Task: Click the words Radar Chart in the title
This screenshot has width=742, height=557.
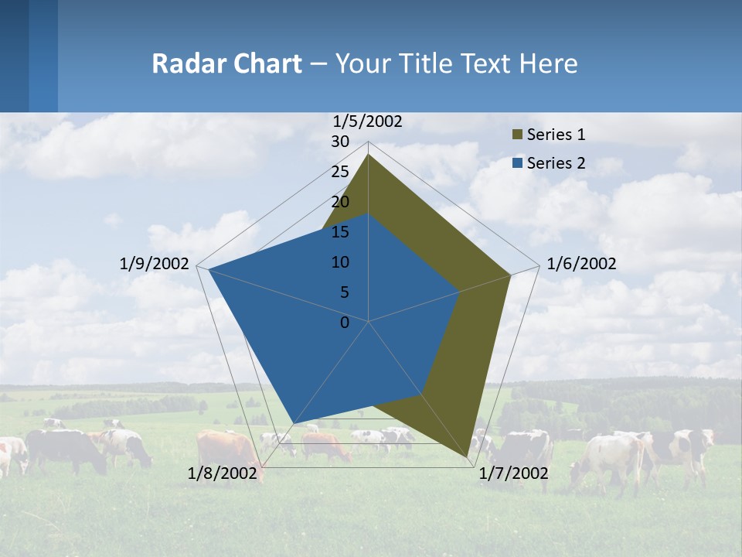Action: pyautogui.click(x=226, y=63)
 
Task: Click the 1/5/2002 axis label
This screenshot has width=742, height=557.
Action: pyautogui.click(x=367, y=121)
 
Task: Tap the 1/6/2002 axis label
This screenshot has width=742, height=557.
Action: pyautogui.click(x=581, y=264)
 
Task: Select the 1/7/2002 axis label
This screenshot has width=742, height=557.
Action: pyautogui.click(x=513, y=473)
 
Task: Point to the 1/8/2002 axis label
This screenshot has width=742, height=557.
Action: pyautogui.click(x=223, y=473)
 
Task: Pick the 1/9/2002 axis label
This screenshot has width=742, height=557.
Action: pyautogui.click(x=154, y=264)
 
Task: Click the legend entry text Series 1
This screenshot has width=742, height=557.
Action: pyautogui.click(x=556, y=135)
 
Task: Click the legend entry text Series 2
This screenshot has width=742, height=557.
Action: pyautogui.click(x=556, y=163)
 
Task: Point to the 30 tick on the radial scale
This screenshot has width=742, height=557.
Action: pyautogui.click(x=340, y=142)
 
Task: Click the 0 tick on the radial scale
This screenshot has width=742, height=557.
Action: pyautogui.click(x=345, y=322)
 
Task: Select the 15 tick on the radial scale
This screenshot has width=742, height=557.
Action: pyautogui.click(x=340, y=232)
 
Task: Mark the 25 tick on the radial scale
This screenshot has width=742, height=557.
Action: pyautogui.click(x=340, y=172)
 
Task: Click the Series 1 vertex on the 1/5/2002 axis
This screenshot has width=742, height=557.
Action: pyautogui.click(x=369, y=155)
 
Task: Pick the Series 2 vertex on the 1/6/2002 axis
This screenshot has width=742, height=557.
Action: pyautogui.click(x=460, y=292)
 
